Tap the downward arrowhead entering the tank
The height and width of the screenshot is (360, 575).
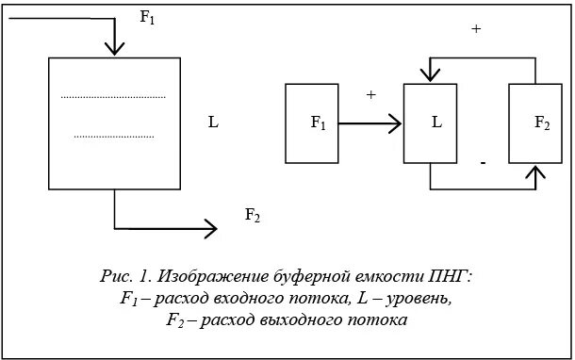click(113, 47)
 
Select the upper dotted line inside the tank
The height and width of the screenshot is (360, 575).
click(112, 96)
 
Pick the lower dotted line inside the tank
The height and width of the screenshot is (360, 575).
click(112, 137)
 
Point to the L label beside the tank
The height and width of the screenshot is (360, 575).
click(214, 123)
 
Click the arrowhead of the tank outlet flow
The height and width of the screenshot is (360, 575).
click(209, 228)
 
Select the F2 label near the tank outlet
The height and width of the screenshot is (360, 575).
click(253, 215)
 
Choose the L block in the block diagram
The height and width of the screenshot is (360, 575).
click(430, 123)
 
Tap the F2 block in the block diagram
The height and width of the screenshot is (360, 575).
click(534, 123)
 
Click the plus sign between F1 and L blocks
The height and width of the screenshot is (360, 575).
click(370, 95)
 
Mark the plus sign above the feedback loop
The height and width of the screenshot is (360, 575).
click(475, 29)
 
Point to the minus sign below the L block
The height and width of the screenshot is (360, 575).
click(482, 163)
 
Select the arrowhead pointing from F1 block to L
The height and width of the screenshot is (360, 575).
click(395, 123)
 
